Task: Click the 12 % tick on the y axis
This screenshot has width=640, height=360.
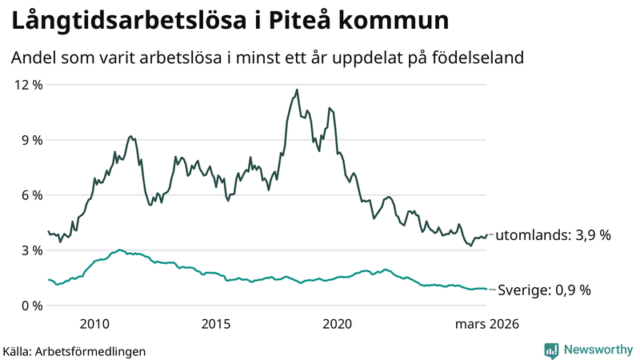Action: click(x=26, y=85)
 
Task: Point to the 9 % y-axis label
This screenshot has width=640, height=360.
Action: click(x=30, y=140)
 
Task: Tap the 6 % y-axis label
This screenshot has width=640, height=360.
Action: click(x=30, y=195)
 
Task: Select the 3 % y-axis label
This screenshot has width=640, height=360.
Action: click(x=30, y=250)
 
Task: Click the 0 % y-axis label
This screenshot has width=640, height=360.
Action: click(x=30, y=306)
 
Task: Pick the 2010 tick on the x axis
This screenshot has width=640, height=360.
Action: click(x=94, y=324)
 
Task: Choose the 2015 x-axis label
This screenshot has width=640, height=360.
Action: click(x=216, y=324)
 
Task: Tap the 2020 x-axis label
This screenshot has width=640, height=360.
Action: click(x=337, y=324)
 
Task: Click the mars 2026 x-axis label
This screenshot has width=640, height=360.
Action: click(x=487, y=324)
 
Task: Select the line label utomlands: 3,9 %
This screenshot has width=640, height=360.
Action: click(x=553, y=235)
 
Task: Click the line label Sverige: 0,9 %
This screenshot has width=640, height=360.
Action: click(x=544, y=290)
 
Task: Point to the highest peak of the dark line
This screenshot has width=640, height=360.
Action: click(x=297, y=90)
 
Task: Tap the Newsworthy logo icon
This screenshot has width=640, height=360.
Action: click(x=551, y=350)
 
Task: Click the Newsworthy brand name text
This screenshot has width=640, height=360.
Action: click(x=597, y=350)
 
